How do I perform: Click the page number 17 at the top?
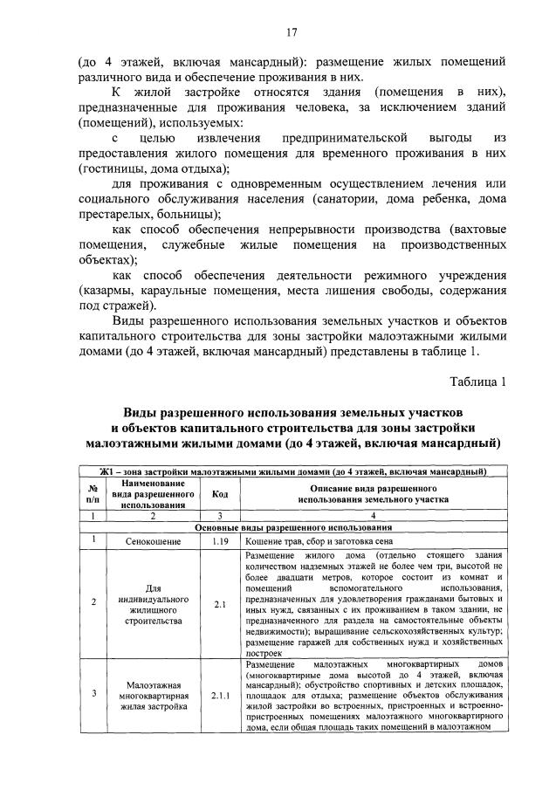click(292, 32)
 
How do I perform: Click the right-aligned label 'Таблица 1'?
click(477, 381)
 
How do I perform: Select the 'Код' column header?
click(220, 494)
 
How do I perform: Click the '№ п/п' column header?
click(93, 494)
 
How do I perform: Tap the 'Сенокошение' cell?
click(153, 541)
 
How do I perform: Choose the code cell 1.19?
click(220, 541)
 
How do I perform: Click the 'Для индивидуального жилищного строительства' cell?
click(153, 602)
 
